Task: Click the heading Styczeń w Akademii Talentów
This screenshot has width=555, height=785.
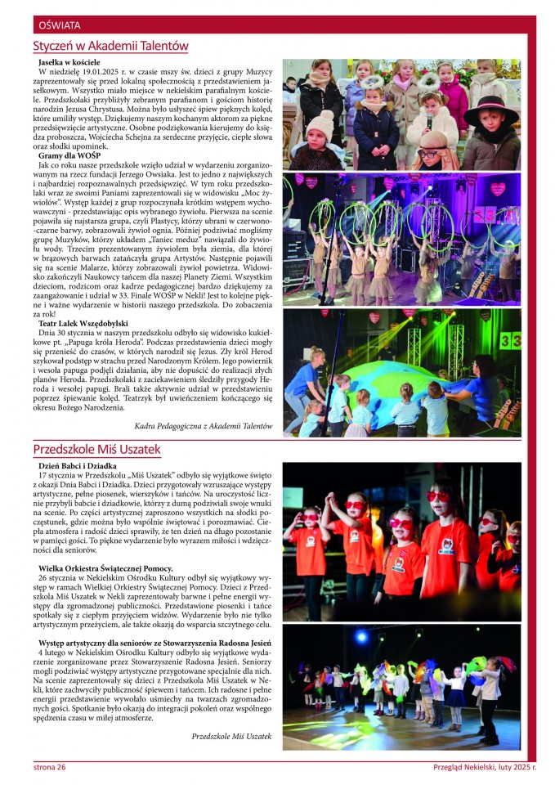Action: tap(110, 47)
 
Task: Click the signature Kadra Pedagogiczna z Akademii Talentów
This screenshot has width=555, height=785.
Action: tap(204, 425)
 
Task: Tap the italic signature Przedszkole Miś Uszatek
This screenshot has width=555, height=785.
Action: tap(231, 736)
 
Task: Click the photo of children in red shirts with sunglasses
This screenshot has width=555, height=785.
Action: tap(401, 541)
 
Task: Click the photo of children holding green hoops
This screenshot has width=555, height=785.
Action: tap(401, 237)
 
